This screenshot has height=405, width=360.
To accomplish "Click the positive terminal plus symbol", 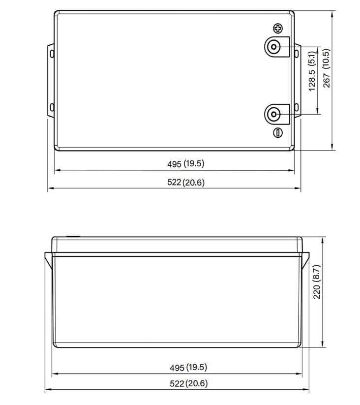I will pos(278,29).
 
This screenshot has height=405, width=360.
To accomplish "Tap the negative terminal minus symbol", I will pos(278,132).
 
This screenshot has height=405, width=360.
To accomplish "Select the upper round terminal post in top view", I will pos(273,47).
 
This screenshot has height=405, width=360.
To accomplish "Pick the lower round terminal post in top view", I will pos(273,115).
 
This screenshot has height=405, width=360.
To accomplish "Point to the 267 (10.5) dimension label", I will pos(327,68).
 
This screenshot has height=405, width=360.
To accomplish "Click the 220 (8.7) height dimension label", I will pos(317,282).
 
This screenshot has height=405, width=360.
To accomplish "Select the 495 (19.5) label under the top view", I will pos(186,163).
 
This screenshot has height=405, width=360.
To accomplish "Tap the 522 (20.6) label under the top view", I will pos(186,182).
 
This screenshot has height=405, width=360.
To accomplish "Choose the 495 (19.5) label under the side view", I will pos(188,368).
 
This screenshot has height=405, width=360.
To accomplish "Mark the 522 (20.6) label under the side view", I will pos(188,384).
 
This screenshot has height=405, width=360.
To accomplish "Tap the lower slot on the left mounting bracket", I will pos(51,107).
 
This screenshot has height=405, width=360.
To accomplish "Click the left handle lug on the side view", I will pos(48,260).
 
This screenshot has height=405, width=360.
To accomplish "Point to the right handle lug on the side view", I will pos(305,260).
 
